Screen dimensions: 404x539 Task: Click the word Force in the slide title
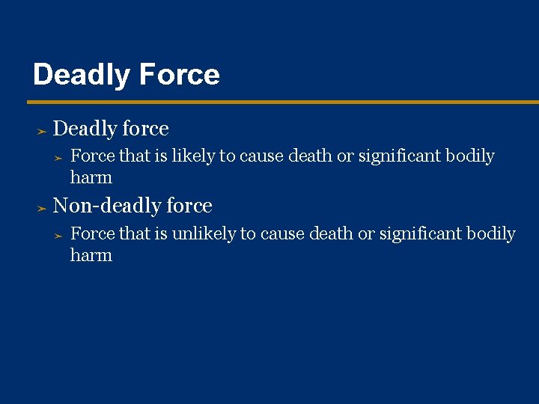point(177,76)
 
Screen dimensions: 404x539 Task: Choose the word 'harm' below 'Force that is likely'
point(91,178)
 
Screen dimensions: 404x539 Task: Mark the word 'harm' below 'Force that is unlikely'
point(91,256)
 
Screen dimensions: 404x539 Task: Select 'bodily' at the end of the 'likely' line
point(470,156)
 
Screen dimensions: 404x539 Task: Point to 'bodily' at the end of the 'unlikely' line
point(491,234)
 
